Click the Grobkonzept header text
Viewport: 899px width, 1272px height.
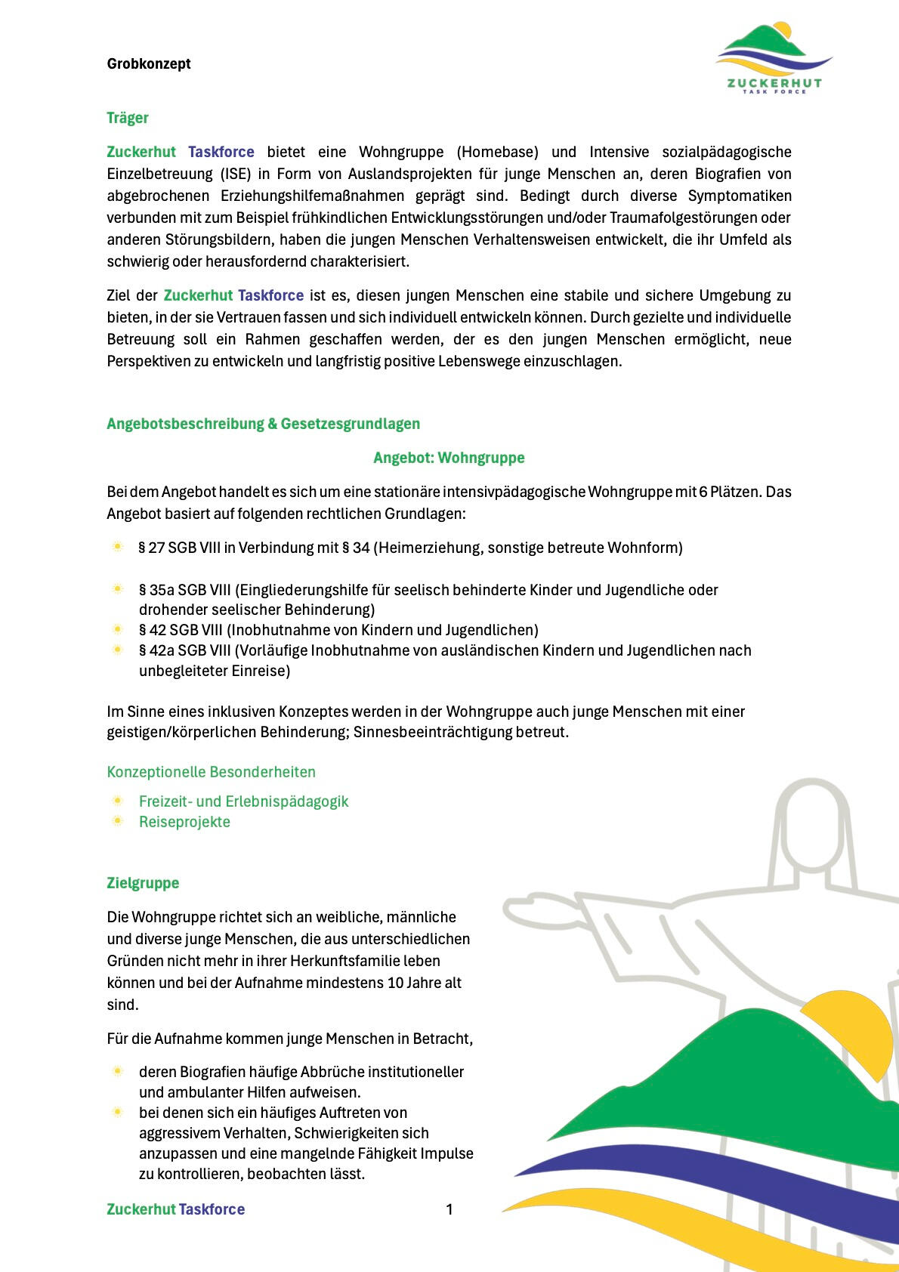coord(149,64)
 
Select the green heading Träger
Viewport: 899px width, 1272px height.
coord(128,118)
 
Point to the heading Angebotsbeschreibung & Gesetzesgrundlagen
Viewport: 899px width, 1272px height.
coord(263,424)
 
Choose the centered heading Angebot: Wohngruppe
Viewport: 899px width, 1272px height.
coord(449,458)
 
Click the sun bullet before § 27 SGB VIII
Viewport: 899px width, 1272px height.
coord(118,547)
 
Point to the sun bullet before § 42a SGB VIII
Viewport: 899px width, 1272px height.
coord(118,650)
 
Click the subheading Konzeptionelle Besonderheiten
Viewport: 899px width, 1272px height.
coord(211,772)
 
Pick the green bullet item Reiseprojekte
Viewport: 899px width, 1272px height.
coord(184,822)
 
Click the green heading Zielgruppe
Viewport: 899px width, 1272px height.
coord(143,883)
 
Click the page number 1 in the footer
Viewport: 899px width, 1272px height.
coord(449,1209)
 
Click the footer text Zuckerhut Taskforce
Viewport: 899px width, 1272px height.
coord(175,1209)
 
